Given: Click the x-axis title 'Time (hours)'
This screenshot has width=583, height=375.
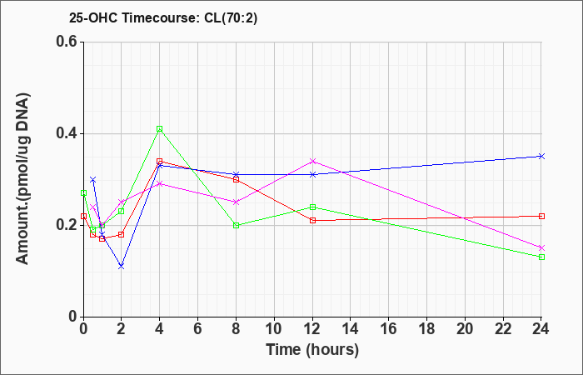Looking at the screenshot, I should (312, 349).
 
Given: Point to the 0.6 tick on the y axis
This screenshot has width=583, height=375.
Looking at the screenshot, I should (66, 42).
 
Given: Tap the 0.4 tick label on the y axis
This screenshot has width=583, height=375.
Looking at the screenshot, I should (66, 134).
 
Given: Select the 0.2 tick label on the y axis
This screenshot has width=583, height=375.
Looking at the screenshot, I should (66, 225).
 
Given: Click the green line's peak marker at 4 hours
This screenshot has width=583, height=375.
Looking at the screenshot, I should (160, 129).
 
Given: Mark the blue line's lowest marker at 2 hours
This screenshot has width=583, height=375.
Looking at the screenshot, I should (122, 266).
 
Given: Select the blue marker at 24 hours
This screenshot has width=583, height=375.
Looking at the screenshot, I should (541, 156).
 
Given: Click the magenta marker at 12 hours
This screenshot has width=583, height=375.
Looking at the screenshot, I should (312, 161).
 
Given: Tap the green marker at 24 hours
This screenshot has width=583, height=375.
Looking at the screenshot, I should (541, 257).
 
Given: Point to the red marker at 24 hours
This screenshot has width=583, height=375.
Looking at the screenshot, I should (541, 216).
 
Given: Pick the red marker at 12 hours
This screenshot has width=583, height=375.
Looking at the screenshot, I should (312, 220).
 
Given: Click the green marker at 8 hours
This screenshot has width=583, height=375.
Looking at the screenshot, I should (237, 225).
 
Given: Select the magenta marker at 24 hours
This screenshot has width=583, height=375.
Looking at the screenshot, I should (541, 247).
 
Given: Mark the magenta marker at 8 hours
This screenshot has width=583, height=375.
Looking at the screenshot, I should (237, 202).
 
